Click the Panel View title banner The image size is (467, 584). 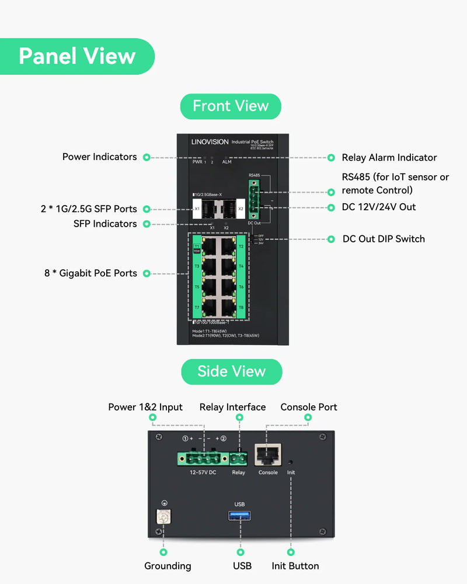[77, 56]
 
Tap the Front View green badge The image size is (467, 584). [231, 106]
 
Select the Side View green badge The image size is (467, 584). [231, 371]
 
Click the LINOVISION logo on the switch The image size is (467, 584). [210, 142]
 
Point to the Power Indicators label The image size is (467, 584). [99, 157]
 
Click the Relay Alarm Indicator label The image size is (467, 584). [389, 158]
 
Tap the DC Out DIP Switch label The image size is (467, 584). [384, 239]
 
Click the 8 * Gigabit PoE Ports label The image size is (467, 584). [90, 273]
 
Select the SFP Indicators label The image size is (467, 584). [105, 224]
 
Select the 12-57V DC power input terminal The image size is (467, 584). [203, 458]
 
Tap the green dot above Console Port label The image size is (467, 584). [309, 418]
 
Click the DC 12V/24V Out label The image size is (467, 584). [379, 207]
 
